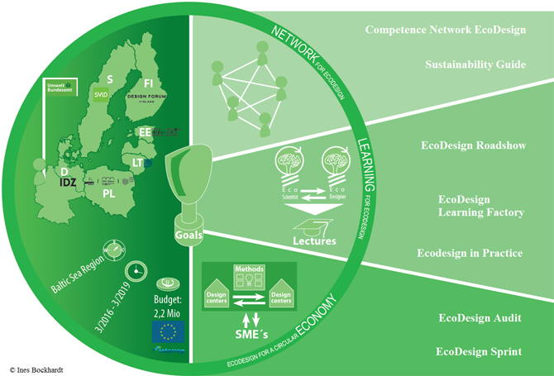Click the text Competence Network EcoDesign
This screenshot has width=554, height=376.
tap(445, 31)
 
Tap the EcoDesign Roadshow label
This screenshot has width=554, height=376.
tap(470, 145)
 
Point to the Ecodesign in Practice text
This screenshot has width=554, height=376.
tap(469, 253)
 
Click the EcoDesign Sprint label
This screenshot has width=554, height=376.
tap(479, 351)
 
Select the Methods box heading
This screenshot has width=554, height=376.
tap(249, 269)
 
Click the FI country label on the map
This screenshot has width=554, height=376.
tap(149, 83)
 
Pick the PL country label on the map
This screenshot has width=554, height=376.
tap(109, 193)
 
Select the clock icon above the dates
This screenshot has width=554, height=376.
tap(135, 271)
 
